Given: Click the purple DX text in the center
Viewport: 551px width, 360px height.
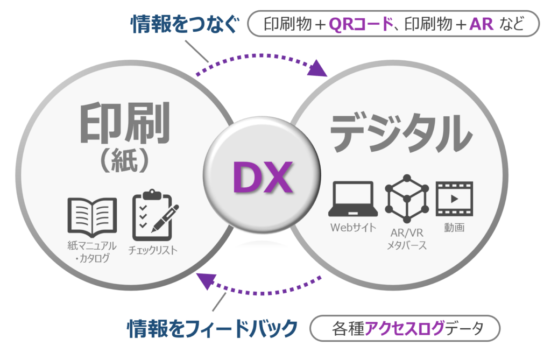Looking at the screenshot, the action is [263, 177].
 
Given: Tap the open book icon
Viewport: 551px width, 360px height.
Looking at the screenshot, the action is [92, 217].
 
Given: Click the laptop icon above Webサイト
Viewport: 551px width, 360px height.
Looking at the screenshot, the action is [353, 199].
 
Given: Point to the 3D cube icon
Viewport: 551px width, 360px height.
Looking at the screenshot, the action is [407, 198].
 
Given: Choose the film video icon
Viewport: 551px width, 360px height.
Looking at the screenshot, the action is [454, 199].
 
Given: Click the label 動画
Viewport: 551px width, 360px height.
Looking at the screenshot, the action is [454, 228].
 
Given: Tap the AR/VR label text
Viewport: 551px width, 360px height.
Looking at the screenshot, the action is [407, 232].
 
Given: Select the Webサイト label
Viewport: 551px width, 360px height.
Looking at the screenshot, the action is [353, 228].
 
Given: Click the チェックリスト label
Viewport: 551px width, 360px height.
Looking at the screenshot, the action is [153, 250].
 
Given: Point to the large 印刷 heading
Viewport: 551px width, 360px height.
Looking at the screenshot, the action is [125, 123].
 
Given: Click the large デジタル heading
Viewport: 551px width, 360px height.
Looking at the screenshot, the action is [400, 133].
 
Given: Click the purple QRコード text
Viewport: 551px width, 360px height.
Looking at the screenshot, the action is [361, 24].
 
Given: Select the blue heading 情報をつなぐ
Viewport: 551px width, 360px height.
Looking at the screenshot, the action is [185, 24].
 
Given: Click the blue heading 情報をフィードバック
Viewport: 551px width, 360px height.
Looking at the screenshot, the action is [212, 328].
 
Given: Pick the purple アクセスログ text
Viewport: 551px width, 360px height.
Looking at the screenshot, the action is [405, 328].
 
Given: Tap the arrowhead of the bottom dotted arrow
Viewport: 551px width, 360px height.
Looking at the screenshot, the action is [206, 280].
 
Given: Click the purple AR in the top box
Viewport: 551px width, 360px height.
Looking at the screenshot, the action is [481, 24].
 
